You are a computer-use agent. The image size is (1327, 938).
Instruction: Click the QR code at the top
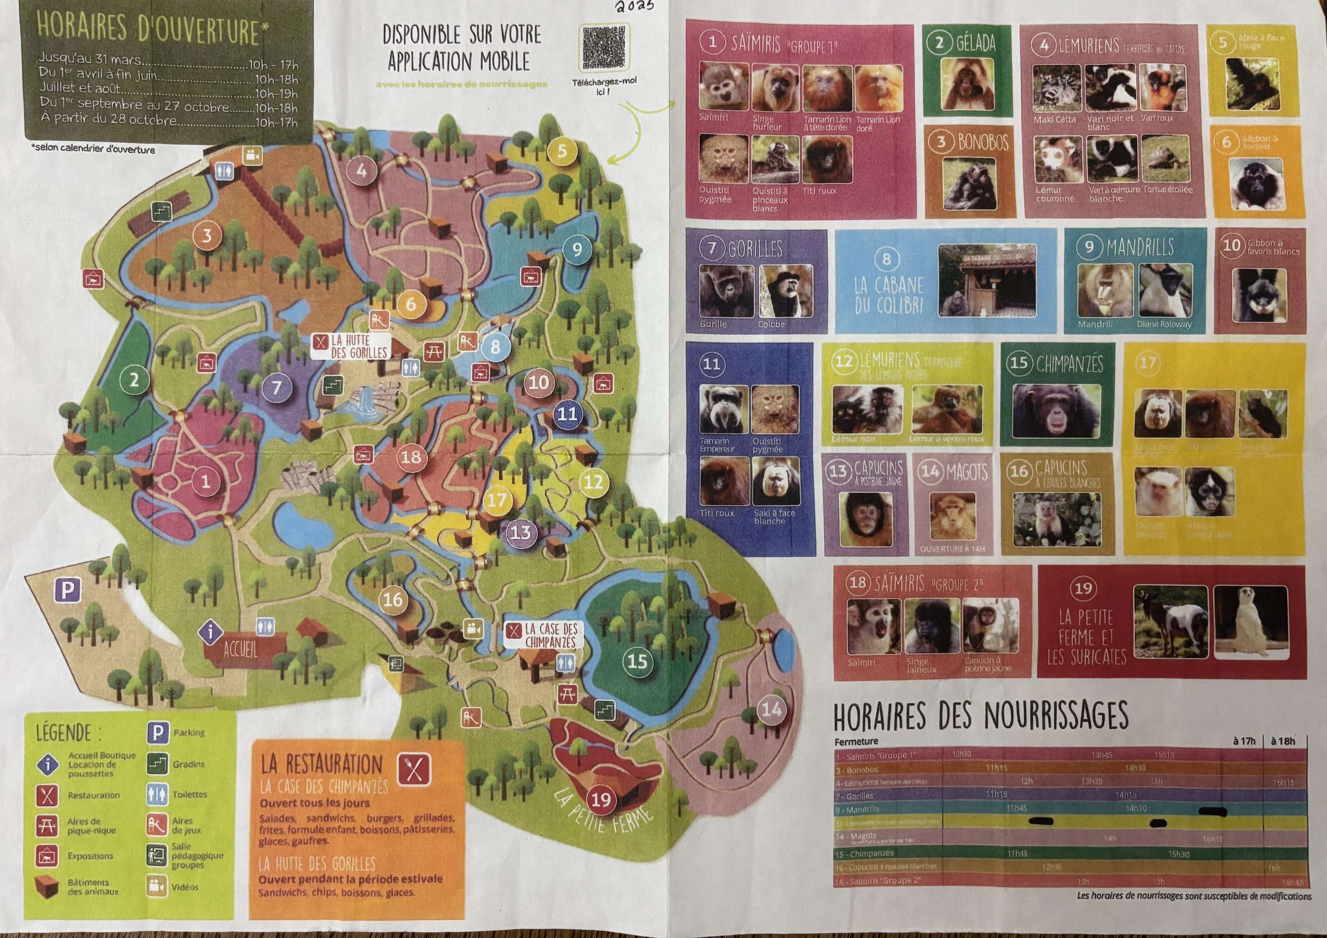604,48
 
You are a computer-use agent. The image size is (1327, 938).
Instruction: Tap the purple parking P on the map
68,590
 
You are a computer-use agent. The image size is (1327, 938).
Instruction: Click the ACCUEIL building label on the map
241,650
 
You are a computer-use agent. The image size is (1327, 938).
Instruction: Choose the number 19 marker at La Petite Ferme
601,799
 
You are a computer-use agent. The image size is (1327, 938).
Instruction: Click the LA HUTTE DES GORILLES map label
350,346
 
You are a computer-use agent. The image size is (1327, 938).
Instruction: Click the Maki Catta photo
1056,88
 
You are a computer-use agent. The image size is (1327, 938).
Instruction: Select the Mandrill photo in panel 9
1105,291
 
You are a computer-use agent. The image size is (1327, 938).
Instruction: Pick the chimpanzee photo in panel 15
1056,411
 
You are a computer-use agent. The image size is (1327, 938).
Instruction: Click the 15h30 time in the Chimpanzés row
1178,854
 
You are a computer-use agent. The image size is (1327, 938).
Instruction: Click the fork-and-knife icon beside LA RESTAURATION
414,769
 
